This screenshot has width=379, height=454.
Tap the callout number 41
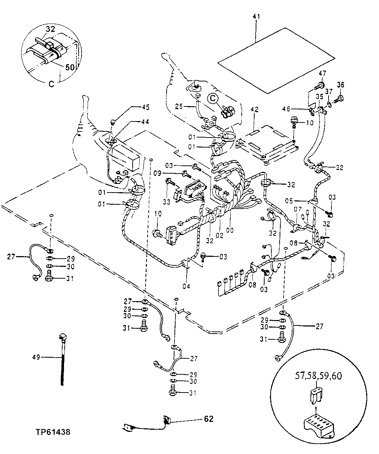256,17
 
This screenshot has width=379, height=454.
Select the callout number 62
209,419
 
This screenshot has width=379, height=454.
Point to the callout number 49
36,356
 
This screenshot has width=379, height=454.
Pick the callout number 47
323,73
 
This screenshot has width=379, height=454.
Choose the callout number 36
340,85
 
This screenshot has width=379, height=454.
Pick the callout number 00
230,231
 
